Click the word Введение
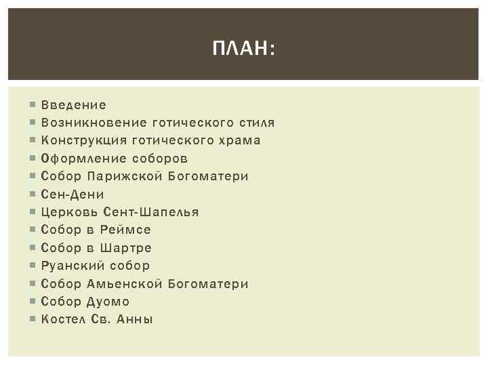(x=74, y=105)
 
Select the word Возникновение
(x=94, y=123)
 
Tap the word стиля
(x=257, y=123)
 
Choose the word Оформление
(x=84, y=159)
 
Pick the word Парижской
(x=125, y=176)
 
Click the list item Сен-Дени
(x=72, y=195)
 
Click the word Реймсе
(x=127, y=230)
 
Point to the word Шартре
(x=128, y=247)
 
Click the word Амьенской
(x=125, y=283)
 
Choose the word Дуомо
(x=108, y=301)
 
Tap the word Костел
(x=63, y=319)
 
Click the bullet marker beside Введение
(x=32, y=106)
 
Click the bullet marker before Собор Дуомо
(x=32, y=302)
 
